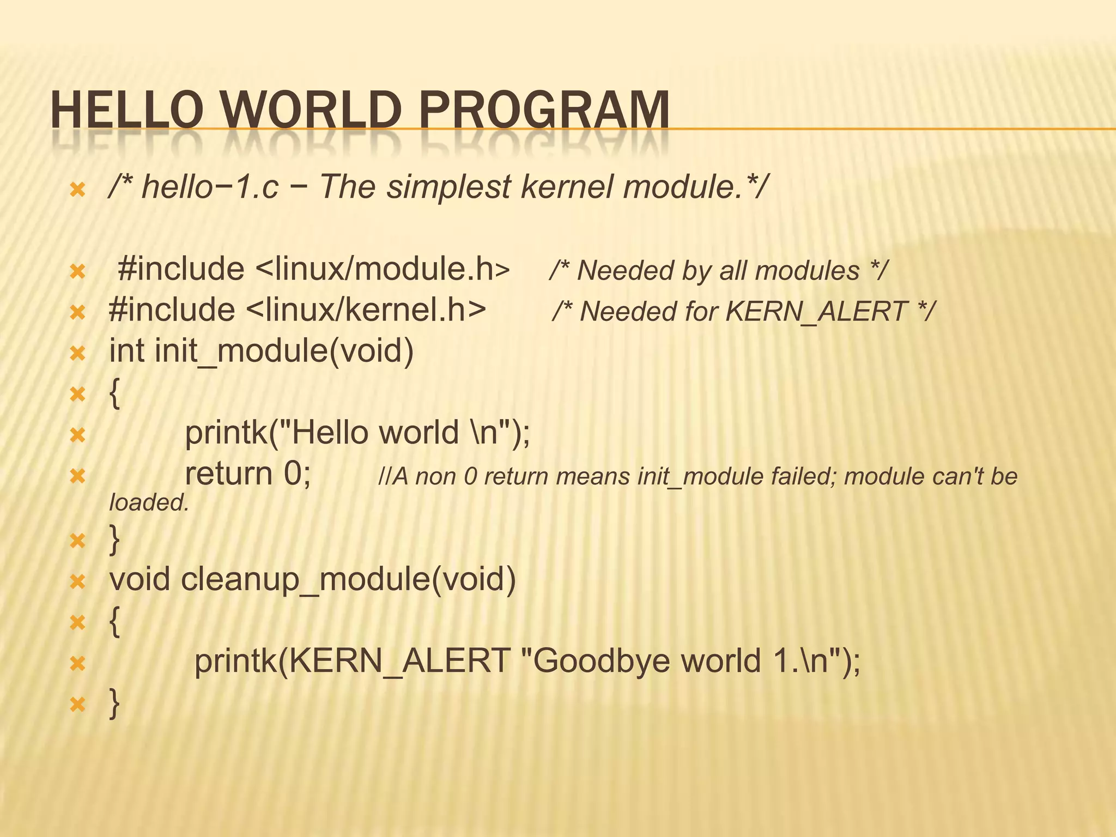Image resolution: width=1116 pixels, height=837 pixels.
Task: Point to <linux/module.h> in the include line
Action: [382, 269]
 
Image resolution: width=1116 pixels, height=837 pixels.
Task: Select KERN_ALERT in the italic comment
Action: [817, 312]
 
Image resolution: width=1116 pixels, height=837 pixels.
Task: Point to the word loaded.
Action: [149, 502]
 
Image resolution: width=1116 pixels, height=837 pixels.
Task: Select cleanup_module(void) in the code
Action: [348, 579]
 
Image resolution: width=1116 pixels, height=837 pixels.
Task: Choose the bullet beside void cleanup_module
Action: [78, 582]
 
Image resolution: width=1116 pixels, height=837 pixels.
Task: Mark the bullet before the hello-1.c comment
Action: [78, 190]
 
